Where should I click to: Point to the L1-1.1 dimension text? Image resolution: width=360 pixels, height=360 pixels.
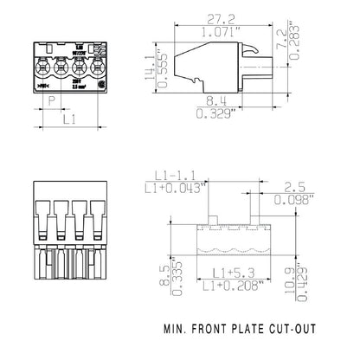click(174, 175)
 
